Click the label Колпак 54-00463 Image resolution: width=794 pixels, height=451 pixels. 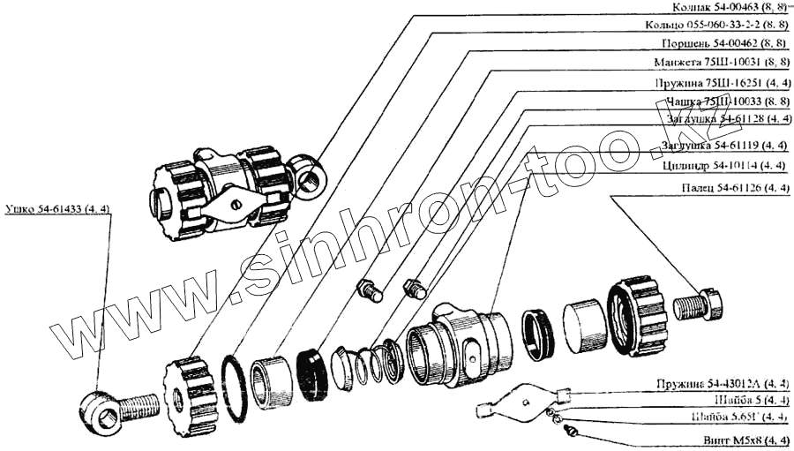722,6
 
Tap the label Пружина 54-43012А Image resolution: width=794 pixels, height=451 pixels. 722,383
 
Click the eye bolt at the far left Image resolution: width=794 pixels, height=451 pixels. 115,410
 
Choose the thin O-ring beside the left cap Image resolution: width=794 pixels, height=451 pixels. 234,388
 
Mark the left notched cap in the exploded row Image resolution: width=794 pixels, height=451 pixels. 190,395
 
